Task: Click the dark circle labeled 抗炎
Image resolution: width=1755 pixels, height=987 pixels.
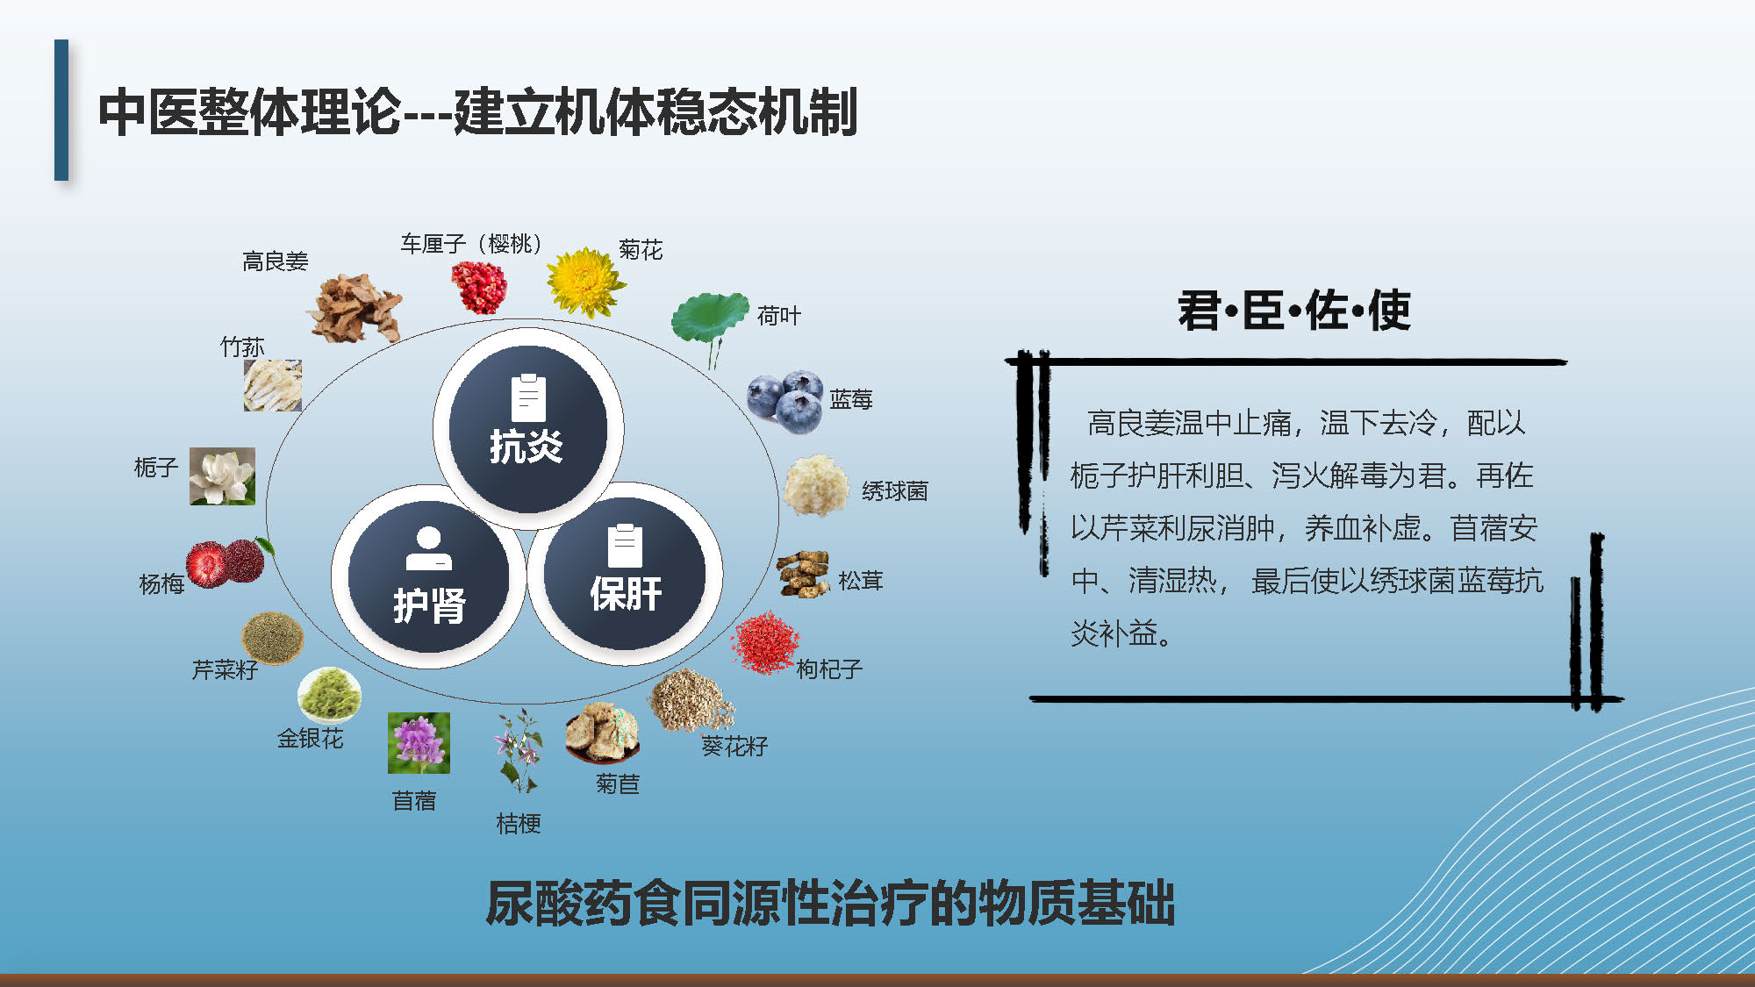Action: [x=527, y=429]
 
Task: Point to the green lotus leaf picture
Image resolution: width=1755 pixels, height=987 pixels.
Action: [x=710, y=325]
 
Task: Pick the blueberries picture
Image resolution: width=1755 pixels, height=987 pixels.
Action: [x=785, y=402]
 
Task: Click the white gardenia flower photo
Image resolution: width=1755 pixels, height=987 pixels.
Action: [x=223, y=476]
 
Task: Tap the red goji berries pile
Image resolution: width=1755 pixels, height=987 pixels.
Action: [x=765, y=643]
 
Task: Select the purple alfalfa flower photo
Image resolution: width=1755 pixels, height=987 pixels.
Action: [x=419, y=743]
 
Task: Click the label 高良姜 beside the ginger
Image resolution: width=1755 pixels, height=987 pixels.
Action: [x=276, y=261]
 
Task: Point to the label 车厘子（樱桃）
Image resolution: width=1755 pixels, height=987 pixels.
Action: [x=471, y=244]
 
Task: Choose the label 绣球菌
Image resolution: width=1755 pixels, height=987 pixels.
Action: [x=895, y=491]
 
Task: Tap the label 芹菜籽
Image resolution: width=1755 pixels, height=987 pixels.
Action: [x=226, y=670]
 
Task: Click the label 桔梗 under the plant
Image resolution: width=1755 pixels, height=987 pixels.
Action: [x=519, y=824]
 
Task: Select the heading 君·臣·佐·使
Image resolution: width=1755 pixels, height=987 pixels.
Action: [x=1294, y=311]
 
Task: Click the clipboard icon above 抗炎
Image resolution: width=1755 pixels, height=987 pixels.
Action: [x=528, y=398]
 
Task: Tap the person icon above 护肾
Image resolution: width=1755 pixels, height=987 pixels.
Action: [x=428, y=548]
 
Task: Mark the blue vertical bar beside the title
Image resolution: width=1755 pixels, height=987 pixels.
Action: [x=61, y=110]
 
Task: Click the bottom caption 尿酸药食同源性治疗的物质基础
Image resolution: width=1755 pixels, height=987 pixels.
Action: [x=830, y=904]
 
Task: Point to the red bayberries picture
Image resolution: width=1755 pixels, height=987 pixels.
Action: [x=226, y=562]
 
